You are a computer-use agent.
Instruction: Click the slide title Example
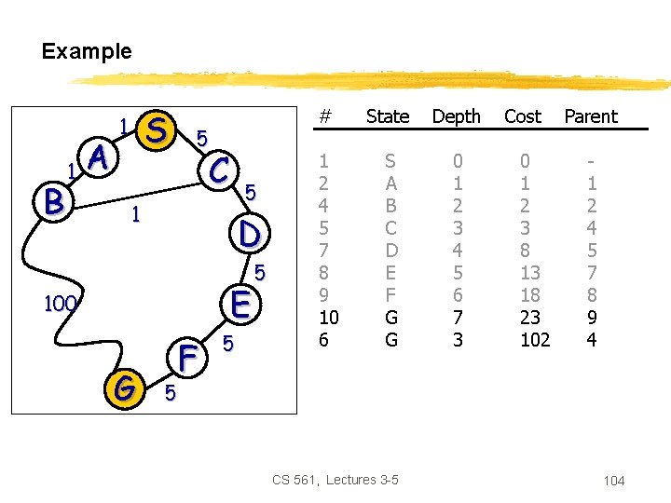(87, 51)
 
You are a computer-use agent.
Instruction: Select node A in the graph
(101, 160)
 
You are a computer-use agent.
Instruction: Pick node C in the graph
(220, 170)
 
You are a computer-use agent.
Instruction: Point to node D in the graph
(249, 233)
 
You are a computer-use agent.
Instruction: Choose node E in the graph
(240, 304)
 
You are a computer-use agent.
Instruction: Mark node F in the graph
(188, 356)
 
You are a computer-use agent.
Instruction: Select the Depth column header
(456, 116)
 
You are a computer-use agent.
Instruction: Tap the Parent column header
(591, 116)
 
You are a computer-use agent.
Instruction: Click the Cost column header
(522, 116)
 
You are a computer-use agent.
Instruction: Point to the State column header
(388, 116)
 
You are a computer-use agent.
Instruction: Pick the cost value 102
(535, 341)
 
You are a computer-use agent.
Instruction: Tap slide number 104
(613, 481)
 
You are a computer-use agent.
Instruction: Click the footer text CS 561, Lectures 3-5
(335, 480)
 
